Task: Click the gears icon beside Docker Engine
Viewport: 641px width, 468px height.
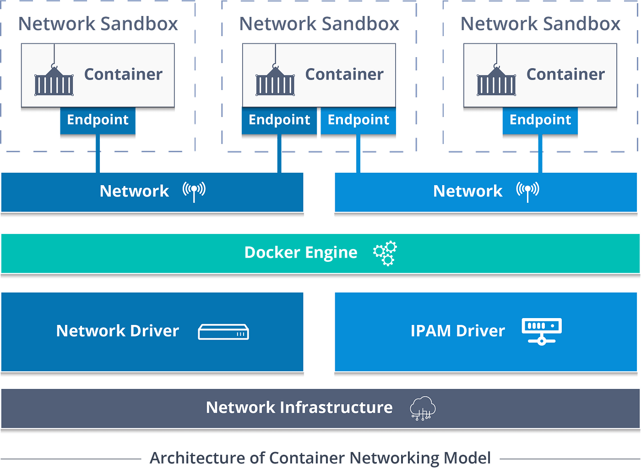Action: [x=385, y=253]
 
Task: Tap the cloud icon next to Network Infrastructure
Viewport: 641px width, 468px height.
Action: [x=423, y=408]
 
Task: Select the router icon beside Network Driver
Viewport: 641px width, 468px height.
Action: [x=223, y=332]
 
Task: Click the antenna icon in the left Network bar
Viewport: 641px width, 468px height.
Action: [x=194, y=191]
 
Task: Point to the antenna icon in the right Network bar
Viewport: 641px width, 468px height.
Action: [x=527, y=191]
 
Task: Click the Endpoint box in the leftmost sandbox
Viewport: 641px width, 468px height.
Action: [x=98, y=120]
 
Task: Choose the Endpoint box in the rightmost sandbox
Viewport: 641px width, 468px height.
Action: [x=540, y=120]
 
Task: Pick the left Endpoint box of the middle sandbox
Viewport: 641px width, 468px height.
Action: [x=279, y=120]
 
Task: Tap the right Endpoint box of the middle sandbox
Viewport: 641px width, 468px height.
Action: [x=359, y=120]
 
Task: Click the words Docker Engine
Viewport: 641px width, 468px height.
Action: [x=301, y=253]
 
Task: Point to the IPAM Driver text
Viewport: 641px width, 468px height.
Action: [x=457, y=331]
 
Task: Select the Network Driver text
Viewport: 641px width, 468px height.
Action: [x=117, y=331]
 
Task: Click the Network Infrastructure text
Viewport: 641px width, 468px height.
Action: [x=299, y=407]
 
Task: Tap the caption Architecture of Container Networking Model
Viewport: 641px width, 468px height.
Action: [x=320, y=457]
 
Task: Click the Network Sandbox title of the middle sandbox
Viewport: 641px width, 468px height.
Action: [x=320, y=24]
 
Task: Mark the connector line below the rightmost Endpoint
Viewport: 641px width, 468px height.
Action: [x=540, y=154]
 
